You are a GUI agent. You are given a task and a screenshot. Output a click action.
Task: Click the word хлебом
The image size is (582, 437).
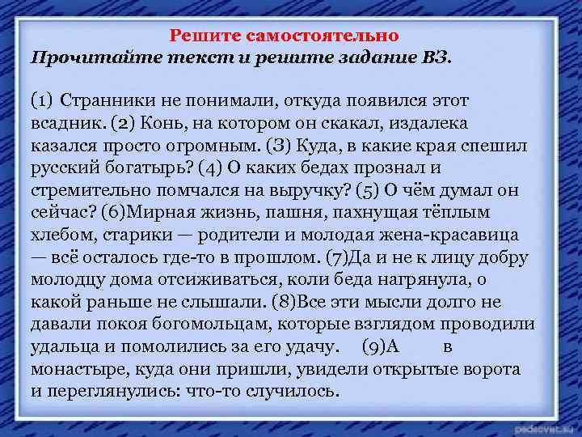[x=62, y=235]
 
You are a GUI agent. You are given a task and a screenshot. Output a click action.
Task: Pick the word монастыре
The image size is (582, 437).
[x=73, y=369]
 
